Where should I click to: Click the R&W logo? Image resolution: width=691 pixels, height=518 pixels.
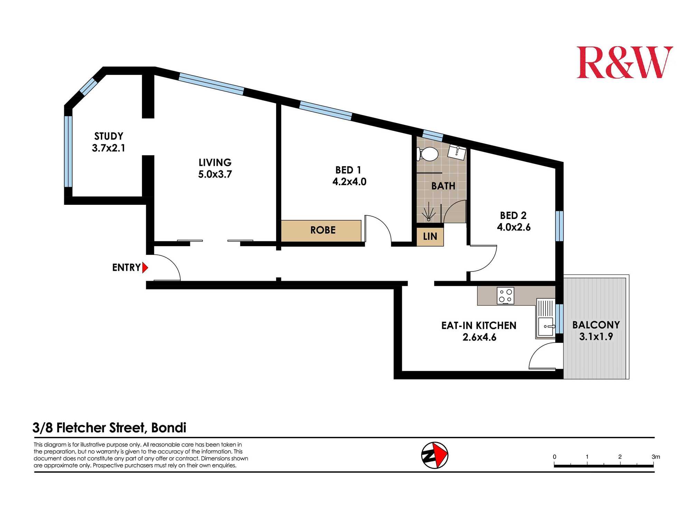click(625, 63)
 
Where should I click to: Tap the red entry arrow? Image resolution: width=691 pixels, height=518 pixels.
click(145, 268)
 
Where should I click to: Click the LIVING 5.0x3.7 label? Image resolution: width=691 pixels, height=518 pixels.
click(215, 168)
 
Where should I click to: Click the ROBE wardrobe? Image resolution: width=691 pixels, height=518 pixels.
click(321, 231)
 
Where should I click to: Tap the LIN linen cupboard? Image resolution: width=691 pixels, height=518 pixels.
click(430, 237)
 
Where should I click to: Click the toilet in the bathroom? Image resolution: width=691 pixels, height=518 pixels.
click(428, 154)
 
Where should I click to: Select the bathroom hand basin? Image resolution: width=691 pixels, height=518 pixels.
click(457, 152)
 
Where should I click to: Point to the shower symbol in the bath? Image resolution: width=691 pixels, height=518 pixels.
click(429, 211)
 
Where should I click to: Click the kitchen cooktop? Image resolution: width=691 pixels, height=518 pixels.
click(505, 296)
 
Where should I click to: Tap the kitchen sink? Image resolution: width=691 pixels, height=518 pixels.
click(546, 318)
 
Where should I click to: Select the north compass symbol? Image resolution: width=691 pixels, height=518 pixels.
click(435, 455)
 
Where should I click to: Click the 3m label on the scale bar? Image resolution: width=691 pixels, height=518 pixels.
click(655, 457)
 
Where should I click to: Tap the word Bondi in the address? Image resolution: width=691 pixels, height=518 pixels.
click(169, 428)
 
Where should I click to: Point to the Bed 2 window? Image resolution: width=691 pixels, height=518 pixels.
click(559, 226)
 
